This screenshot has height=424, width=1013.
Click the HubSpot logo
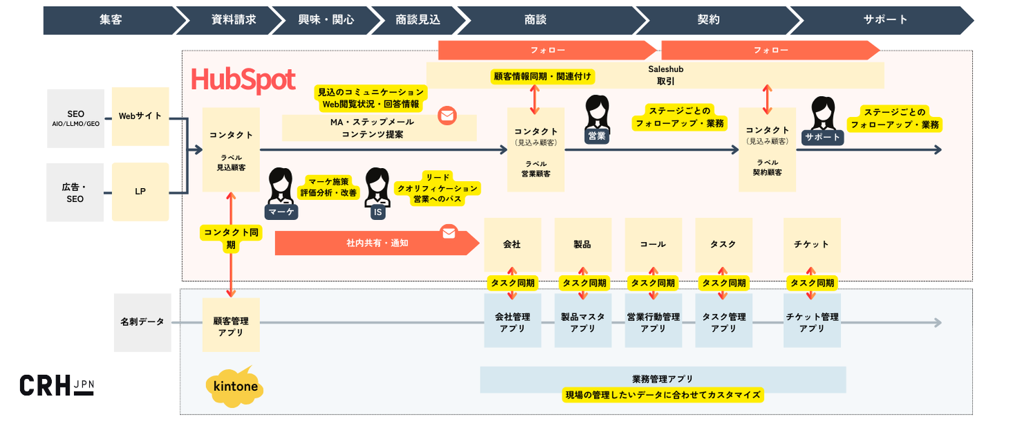click(243, 80)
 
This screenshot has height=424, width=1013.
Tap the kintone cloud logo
click(234, 386)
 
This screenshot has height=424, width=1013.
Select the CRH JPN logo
click(56, 385)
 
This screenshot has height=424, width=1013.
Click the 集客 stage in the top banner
click(110, 20)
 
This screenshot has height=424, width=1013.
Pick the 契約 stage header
click(709, 20)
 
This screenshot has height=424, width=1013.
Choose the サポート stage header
click(885, 20)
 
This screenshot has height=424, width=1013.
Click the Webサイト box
click(140, 116)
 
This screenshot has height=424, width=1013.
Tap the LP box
click(140, 192)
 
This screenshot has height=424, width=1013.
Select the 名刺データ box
click(142, 322)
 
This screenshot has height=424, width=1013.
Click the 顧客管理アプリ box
click(231, 327)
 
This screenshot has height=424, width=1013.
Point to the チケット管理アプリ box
click(812, 323)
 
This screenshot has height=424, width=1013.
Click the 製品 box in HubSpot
click(582, 244)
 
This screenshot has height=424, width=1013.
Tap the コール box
click(653, 244)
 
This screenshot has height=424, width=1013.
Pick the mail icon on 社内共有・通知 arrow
click(449, 233)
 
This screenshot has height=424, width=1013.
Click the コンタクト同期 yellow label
click(231, 239)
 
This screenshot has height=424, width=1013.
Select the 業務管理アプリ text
click(662, 379)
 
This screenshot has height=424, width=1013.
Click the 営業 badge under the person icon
click(596, 137)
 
